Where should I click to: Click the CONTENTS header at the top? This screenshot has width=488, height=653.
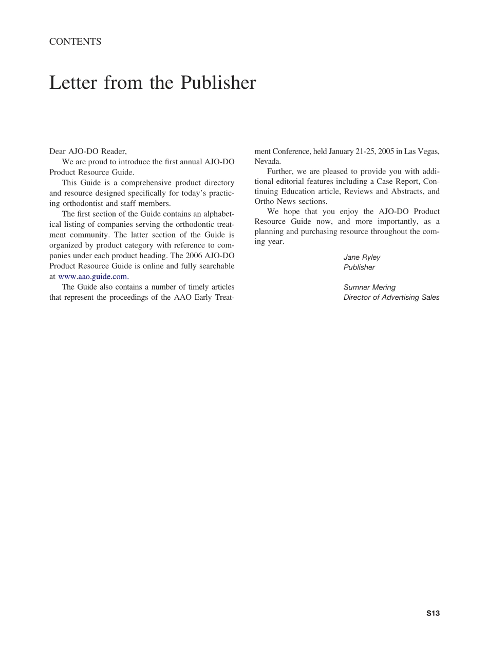tap(75, 42)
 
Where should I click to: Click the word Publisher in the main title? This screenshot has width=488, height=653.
tap(218, 82)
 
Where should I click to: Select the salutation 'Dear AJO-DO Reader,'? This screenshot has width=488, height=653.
tap(88, 151)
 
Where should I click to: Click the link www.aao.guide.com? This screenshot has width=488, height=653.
tap(93, 276)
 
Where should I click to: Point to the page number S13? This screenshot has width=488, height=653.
tap(433, 613)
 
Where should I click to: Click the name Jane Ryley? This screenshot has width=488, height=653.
tap(362, 257)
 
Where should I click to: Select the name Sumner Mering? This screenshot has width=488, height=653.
tap(369, 287)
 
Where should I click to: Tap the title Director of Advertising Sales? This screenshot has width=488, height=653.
tap(391, 297)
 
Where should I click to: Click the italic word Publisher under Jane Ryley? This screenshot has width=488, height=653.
tap(359, 267)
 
